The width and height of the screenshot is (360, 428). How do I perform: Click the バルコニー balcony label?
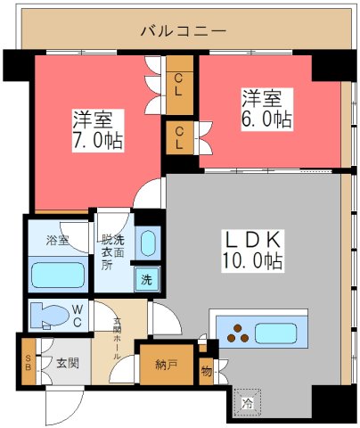(184, 31)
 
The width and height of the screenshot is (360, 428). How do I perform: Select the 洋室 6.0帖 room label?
(266, 106)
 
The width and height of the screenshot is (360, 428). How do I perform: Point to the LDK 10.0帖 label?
(252, 250)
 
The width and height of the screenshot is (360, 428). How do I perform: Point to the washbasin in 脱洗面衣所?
(149, 243)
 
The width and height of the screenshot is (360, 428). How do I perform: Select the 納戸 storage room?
(166, 364)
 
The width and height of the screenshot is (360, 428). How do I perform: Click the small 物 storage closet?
(207, 369)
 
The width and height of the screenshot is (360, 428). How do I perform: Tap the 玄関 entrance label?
(68, 363)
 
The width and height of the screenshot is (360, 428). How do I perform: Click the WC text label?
(78, 314)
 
